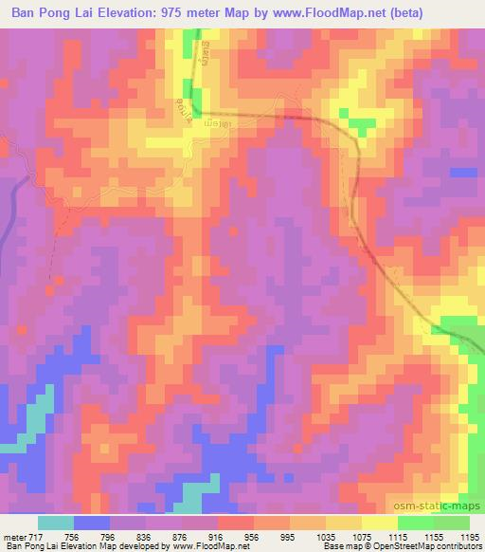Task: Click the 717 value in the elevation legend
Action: [34, 536]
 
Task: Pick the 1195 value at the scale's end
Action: [466, 536]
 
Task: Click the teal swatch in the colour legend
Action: [56, 522]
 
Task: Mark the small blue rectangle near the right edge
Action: [463, 172]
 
